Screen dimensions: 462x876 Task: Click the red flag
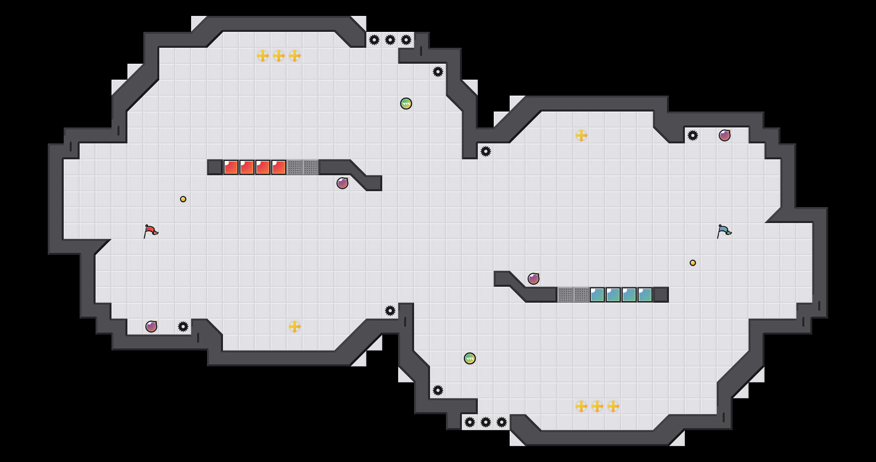[x=151, y=231]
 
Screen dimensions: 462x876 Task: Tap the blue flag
[x=724, y=231]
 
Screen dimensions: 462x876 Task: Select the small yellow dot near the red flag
[x=183, y=199]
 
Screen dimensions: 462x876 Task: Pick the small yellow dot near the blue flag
[x=693, y=263]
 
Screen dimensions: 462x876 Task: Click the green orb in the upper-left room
[x=406, y=104]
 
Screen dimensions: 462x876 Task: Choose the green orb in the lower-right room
[x=470, y=358]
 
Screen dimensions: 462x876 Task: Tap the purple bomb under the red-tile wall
[x=342, y=183]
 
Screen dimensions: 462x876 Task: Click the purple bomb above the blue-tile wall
[x=534, y=279]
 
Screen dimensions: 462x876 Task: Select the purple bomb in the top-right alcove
[x=725, y=135]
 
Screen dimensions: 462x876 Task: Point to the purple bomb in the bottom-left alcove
[x=151, y=327]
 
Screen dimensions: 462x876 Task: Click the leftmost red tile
[x=231, y=167]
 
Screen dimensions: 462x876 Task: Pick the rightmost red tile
[x=279, y=167]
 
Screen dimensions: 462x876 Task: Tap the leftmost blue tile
[x=597, y=295]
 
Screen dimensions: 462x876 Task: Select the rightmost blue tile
[x=645, y=295]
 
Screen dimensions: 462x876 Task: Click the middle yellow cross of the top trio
[x=279, y=56]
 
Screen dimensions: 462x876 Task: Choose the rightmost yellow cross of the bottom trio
[x=613, y=406]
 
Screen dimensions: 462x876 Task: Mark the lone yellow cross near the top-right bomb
[x=581, y=135]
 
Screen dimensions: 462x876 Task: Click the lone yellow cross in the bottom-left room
[x=295, y=327]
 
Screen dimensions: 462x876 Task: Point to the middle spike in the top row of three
[x=390, y=40]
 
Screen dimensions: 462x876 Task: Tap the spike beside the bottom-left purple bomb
[x=183, y=327]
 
